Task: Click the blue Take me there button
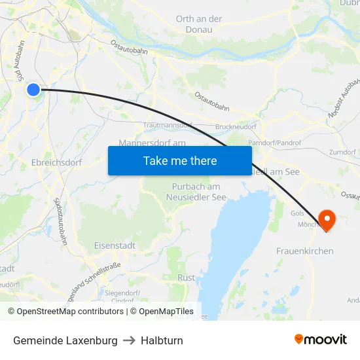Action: [x=180, y=160]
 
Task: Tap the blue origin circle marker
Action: [x=33, y=90]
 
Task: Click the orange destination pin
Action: [x=325, y=219]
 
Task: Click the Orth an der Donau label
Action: [x=199, y=24]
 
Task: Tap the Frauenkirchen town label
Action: [x=304, y=251]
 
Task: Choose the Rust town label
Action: [x=186, y=278]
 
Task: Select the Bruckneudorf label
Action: [x=236, y=127]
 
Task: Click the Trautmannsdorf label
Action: [x=168, y=124]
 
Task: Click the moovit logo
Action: [x=321, y=339]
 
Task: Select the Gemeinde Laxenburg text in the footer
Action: [x=65, y=340]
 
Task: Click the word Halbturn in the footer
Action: [x=162, y=340]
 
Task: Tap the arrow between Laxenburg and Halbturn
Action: [x=129, y=340]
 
